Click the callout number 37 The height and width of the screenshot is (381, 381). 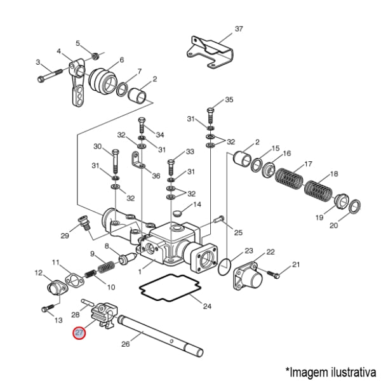point(239,29)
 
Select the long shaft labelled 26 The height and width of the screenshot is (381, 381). point(162,330)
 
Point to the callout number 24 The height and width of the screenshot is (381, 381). point(207,307)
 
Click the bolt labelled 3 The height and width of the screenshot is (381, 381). point(49,79)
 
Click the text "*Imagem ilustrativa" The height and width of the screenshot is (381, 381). point(330,370)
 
